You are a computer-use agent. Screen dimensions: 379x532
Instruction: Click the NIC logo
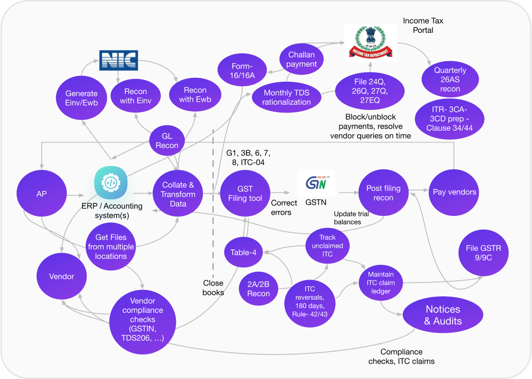[119, 60]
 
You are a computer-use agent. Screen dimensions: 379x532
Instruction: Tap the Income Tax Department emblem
[370, 42]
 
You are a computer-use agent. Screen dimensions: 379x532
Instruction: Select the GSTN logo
[316, 184]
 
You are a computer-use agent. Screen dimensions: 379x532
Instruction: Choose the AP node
[42, 194]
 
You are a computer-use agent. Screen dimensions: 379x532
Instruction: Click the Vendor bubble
[62, 276]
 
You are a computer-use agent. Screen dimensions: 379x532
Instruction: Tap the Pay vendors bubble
[454, 192]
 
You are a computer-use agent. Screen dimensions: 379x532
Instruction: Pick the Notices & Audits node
[442, 315]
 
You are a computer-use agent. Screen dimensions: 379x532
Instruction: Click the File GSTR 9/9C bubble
[483, 254]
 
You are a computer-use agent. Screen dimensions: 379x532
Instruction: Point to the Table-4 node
[243, 253]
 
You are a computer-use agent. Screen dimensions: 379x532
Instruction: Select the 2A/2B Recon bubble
[259, 288]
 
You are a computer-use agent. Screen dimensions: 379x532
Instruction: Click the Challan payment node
[301, 59]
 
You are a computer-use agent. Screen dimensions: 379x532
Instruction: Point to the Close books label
[213, 287]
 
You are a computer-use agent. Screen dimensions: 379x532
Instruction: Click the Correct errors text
[284, 208]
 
